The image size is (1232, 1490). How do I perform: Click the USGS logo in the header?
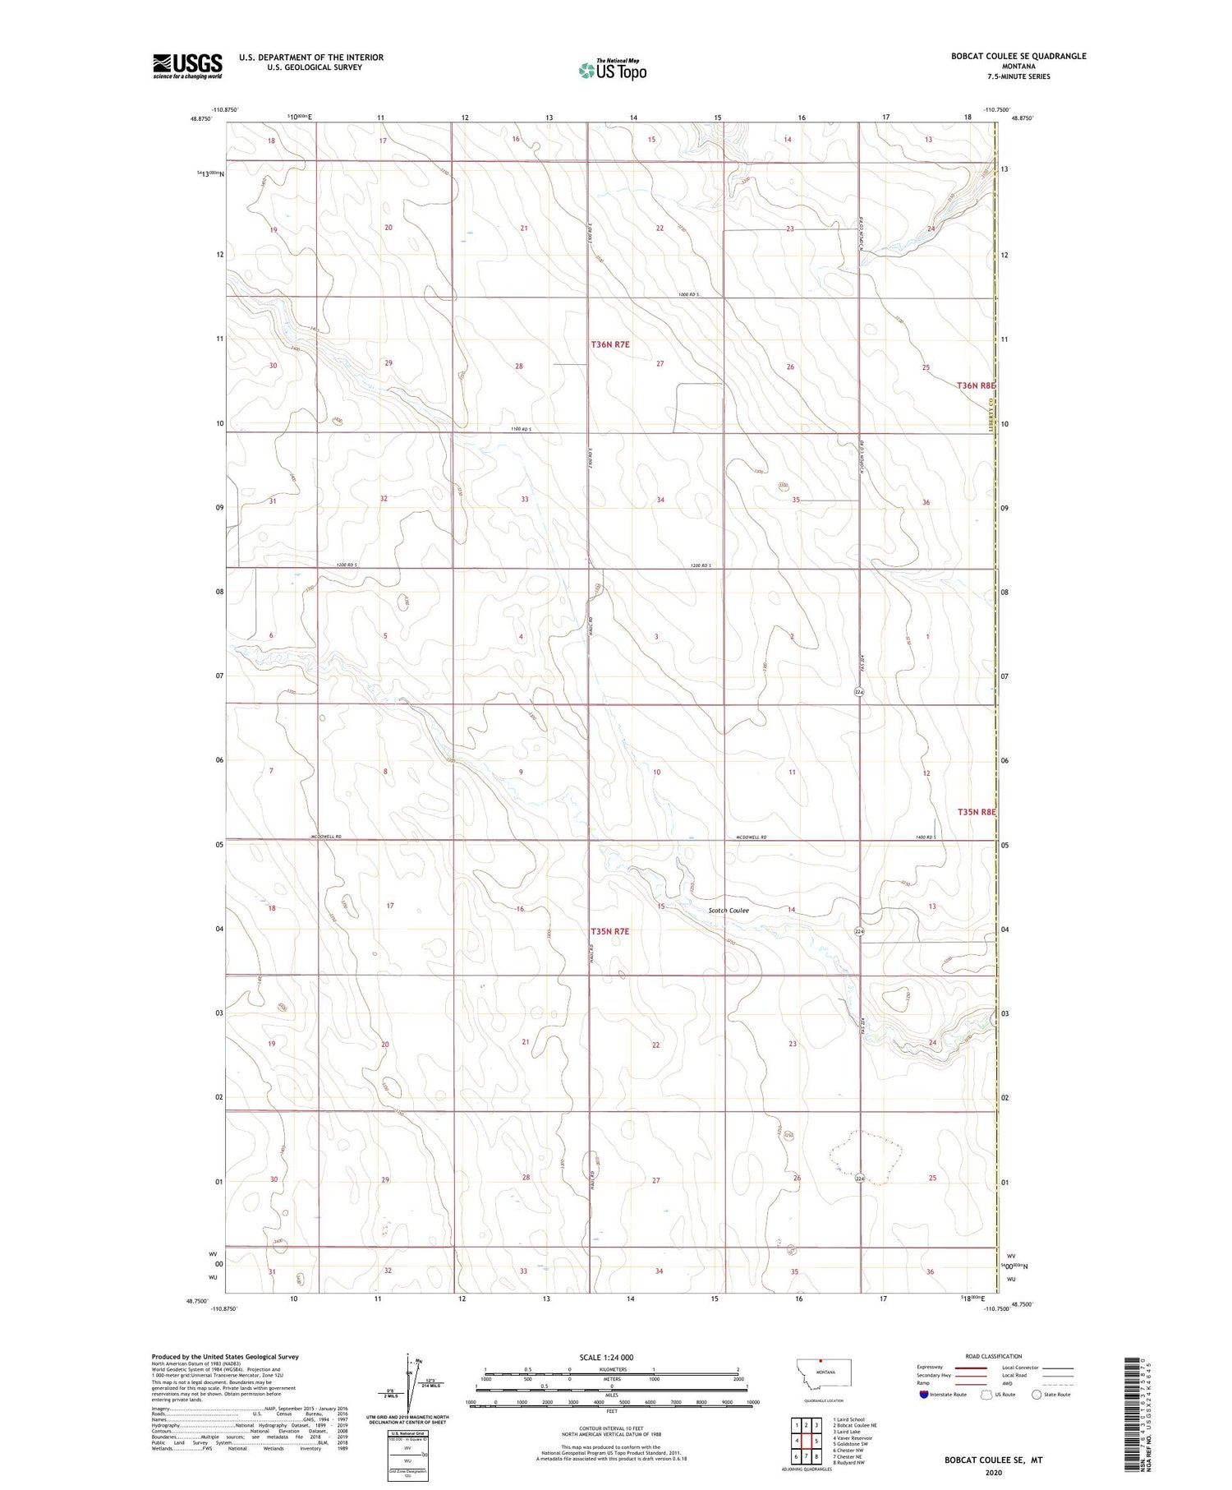187,66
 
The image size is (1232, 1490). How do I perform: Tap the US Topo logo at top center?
612,71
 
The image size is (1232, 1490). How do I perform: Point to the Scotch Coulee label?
729,911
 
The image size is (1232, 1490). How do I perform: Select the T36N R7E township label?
610,345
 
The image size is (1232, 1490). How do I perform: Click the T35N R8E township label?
976,812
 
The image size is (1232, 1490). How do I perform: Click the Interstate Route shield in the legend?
923,1395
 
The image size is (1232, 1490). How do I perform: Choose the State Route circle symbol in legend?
1037,1395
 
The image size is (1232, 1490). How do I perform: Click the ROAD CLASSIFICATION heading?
994,1356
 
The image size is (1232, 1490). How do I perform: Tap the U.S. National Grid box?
407,1454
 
